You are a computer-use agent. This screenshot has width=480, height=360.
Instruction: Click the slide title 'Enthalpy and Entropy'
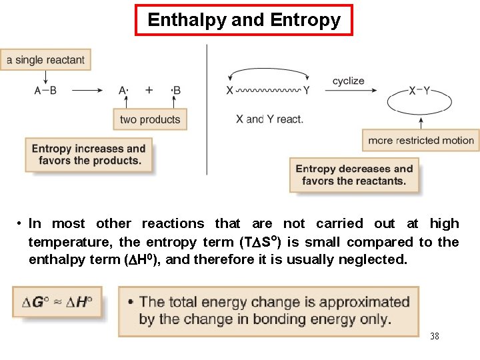click(243, 20)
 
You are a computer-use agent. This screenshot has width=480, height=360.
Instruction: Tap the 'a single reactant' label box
click(46, 60)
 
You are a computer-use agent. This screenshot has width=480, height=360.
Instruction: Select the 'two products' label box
click(150, 119)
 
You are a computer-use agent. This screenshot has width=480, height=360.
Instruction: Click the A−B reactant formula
click(46, 91)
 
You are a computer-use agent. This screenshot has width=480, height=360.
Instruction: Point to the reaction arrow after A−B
click(87, 91)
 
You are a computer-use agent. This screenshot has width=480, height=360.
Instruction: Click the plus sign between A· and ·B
click(149, 91)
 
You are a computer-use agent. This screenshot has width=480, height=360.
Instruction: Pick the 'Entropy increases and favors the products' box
click(89, 155)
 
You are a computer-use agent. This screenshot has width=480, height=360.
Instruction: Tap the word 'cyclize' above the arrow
click(348, 81)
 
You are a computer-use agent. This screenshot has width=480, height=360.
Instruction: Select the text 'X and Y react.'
click(269, 119)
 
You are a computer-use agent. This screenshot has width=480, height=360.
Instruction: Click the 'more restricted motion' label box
click(421, 140)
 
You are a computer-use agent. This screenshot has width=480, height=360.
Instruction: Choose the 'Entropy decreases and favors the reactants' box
click(354, 175)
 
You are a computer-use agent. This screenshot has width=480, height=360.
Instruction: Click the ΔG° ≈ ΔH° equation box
click(57, 302)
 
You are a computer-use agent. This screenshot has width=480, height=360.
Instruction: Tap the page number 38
click(435, 336)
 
